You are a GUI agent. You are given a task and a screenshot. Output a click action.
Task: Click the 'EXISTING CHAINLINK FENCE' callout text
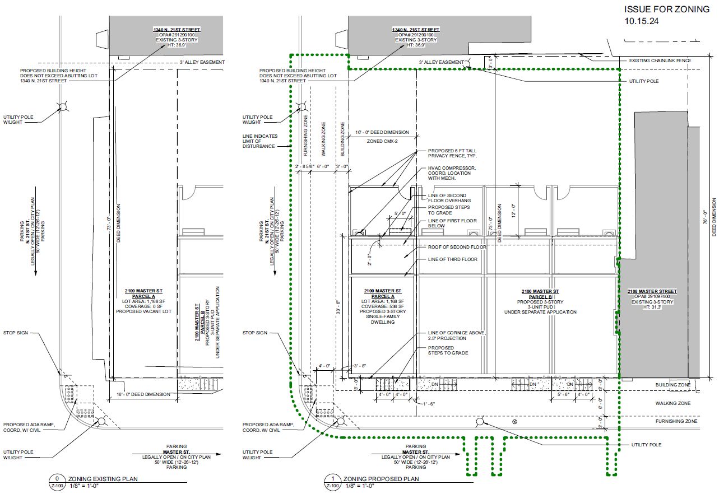(x=660, y=60)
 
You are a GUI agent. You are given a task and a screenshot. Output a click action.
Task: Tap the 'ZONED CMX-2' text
(x=382, y=142)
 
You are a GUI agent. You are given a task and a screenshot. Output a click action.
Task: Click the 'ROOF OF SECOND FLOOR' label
(x=457, y=247)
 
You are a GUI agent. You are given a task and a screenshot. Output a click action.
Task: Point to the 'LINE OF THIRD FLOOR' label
(x=453, y=259)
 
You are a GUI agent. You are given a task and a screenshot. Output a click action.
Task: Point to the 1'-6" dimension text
(x=429, y=403)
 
